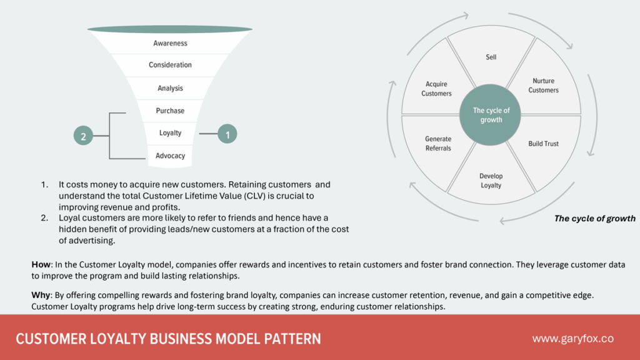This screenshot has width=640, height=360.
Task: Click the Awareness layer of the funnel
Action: [170, 44]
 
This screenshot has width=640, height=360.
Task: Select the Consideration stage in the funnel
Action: [170, 65]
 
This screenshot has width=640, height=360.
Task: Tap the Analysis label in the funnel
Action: [170, 89]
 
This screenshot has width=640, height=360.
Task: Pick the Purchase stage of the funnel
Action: [170, 111]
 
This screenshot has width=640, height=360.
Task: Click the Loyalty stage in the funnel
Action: [170, 133]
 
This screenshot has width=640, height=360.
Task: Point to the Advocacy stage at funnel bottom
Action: [170, 156]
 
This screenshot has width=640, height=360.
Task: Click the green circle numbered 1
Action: [227, 134]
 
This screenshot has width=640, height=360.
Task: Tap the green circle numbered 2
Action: [83, 135]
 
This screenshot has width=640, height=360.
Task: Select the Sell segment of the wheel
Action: [491, 57]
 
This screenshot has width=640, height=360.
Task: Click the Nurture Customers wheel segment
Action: [543, 86]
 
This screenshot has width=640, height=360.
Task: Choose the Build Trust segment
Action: [543, 144]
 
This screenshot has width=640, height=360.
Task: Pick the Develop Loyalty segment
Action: [491, 181]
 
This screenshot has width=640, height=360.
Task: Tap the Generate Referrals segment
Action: [438, 144]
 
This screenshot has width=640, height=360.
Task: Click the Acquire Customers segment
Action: [436, 89]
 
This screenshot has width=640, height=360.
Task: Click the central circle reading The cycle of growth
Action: [491, 115]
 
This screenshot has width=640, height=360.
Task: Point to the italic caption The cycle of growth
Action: [594, 219]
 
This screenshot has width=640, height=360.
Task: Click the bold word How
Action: [41, 265]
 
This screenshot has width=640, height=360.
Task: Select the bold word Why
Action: [41, 294]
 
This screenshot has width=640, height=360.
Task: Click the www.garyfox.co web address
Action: [572, 339]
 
